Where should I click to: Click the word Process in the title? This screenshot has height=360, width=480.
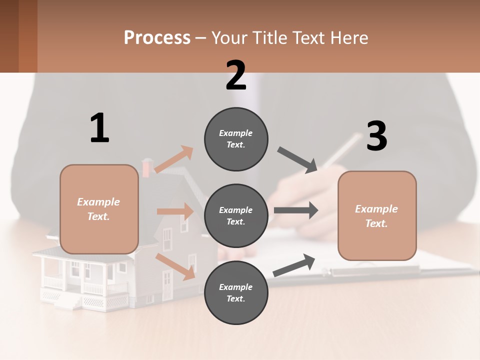point(157,37)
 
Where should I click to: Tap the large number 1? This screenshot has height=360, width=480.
point(99,128)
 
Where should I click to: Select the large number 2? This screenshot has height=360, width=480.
point(236,75)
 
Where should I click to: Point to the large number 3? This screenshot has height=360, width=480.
point(376,136)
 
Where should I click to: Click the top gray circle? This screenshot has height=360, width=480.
point(236,139)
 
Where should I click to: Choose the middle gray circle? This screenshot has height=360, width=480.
point(236,216)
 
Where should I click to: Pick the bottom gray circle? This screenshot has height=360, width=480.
point(236,293)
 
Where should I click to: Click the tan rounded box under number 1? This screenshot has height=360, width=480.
point(99,209)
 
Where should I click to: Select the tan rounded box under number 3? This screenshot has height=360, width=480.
point(377,216)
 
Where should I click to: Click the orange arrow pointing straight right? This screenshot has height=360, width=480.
point(175,211)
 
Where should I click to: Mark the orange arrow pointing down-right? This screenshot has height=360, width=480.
point(175,266)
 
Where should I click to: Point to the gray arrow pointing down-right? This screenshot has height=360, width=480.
point(297,160)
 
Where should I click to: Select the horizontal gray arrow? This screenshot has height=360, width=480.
point(296,210)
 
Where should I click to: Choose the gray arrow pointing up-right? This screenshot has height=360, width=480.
point(294,265)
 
